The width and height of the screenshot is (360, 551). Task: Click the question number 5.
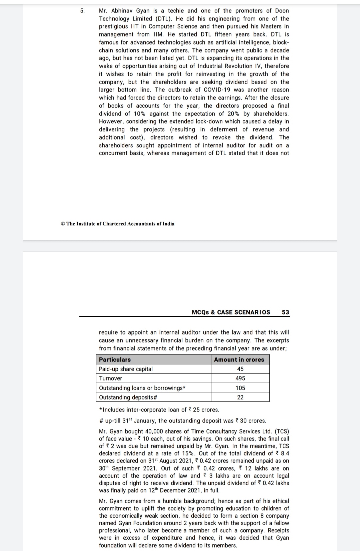(82, 11)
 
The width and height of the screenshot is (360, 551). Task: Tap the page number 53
(285, 312)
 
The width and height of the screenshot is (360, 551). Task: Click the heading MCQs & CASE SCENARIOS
(231, 312)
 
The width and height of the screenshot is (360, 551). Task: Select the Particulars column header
(115, 360)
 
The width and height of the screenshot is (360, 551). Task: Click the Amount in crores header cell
(239, 360)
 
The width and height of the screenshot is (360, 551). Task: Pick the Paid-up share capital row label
(126, 369)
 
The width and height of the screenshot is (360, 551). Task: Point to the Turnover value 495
(240, 378)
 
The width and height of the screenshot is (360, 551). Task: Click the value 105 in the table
(240, 388)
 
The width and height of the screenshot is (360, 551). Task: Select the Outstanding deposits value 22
(240, 397)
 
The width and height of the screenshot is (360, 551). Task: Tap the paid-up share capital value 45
(240, 369)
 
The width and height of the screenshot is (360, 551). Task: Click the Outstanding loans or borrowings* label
(142, 388)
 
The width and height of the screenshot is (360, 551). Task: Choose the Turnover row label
(110, 378)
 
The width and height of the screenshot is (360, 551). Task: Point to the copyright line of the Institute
(117, 224)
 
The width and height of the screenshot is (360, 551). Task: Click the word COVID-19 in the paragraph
(217, 90)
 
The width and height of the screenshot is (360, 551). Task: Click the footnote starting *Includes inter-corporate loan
(159, 410)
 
